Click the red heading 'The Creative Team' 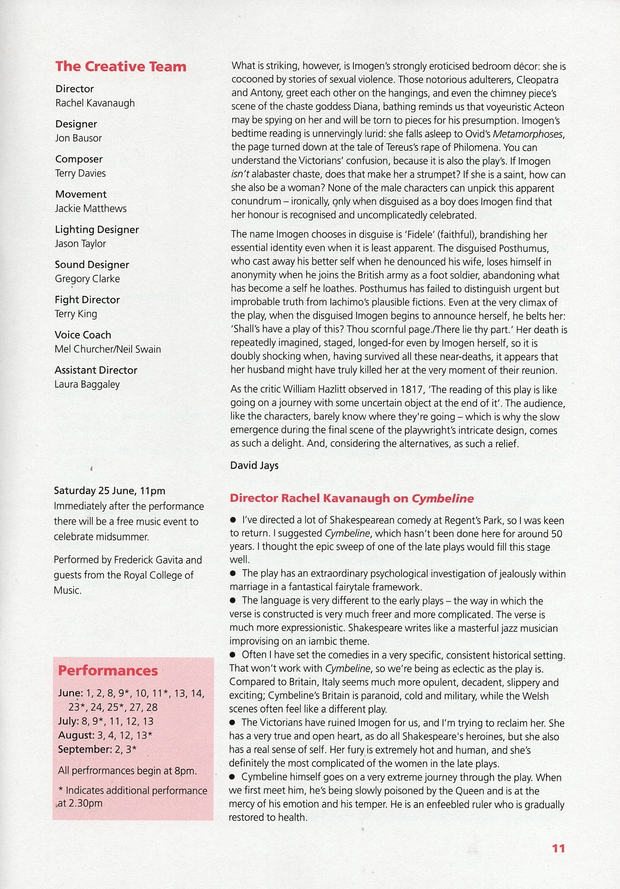pyautogui.click(x=121, y=66)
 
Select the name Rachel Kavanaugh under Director pyautogui.click(x=95, y=103)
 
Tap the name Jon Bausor pyautogui.click(x=78, y=138)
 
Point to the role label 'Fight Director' pyautogui.click(x=87, y=300)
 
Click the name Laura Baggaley pyautogui.click(x=87, y=384)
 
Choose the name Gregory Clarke pyautogui.click(x=87, y=279)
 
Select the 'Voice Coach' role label pyautogui.click(x=83, y=335)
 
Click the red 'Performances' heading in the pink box pyautogui.click(x=108, y=671)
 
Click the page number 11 pyautogui.click(x=558, y=848)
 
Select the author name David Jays pyautogui.click(x=254, y=465)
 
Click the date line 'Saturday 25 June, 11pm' pyautogui.click(x=110, y=491)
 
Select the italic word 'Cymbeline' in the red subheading pyautogui.click(x=443, y=498)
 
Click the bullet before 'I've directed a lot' pyautogui.click(x=233, y=520)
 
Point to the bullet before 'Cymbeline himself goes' pyautogui.click(x=233, y=777)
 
